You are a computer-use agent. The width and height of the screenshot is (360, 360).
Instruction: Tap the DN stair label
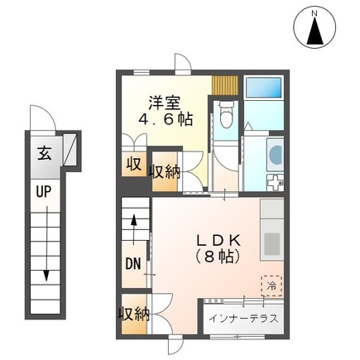point(132,265)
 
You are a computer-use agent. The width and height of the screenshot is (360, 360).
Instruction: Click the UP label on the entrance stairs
point(41,191)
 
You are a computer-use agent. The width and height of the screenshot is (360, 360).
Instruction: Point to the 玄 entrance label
point(42,153)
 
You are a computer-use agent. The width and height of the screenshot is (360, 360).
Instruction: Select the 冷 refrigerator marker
point(270,284)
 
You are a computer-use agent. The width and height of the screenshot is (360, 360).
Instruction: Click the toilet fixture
point(225,119)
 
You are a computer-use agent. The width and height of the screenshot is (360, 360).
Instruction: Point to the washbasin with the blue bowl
point(275,154)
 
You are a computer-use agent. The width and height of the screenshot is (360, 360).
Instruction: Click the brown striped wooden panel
point(223,85)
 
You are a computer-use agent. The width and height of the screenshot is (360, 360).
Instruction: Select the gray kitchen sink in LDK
point(271,243)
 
